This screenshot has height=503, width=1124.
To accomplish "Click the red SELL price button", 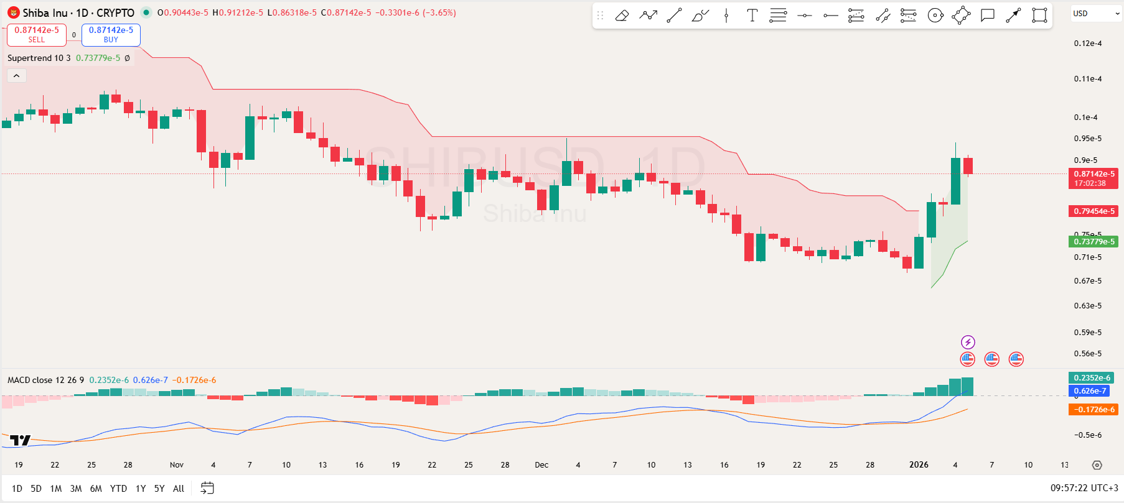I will pos(36,35).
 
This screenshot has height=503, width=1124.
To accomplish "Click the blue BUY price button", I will pos(111,35).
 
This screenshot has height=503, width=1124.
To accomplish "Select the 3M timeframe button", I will pos(76,489).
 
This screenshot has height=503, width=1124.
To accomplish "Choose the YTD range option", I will pos(118,489).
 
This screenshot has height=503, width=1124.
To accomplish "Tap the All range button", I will pos(179,489).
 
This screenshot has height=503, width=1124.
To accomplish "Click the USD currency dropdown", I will pos(1095,14).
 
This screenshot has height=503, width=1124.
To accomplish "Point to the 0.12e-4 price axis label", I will pos(1088,44).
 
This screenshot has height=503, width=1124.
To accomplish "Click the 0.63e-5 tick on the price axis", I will pos(1088,306).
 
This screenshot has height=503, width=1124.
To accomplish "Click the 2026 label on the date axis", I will pos(919,465).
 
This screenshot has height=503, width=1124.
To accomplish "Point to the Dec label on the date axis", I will pos(541,465).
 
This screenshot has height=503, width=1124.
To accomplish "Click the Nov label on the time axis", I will pos(177,465).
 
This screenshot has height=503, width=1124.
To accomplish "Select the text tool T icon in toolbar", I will pos(752,16).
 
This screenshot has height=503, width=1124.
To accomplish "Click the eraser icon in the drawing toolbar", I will pos(622,16).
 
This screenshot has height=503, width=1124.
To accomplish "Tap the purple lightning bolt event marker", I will pos(968,342).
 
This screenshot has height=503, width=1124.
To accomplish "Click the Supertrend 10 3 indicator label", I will pos(39,58).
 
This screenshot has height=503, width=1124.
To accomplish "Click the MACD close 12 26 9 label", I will pos(45,380).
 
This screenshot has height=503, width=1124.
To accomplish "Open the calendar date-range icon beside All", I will pos(207,489).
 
